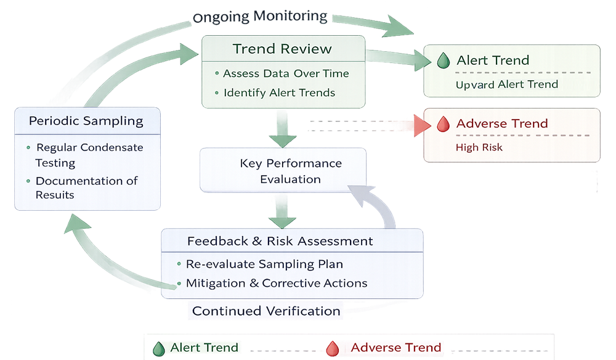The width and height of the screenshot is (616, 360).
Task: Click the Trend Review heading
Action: tap(282, 49)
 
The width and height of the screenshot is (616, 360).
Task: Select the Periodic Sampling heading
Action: tap(86, 121)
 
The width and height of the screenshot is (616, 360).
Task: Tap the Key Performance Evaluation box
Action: tap(282, 171)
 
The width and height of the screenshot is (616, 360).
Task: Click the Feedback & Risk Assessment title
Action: tap(280, 241)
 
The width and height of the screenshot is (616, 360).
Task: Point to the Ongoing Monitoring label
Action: tap(260, 17)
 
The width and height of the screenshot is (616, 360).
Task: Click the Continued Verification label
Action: tap(266, 311)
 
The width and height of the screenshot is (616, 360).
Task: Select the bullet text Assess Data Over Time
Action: tap(286, 73)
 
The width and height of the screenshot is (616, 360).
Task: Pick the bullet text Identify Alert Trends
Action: tap(279, 93)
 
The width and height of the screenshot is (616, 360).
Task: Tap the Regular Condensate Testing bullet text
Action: tap(88, 155)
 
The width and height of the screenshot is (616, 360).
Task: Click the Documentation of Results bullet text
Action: tap(86, 187)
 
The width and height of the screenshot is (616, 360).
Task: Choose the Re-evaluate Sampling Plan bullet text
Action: tap(264, 264)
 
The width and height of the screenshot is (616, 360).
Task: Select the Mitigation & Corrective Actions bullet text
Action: tap(277, 284)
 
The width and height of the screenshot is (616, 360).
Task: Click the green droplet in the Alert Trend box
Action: tap(442, 60)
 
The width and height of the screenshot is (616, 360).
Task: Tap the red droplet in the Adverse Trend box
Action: tap(442, 124)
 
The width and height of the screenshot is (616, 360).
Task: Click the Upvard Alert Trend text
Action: tap(506, 84)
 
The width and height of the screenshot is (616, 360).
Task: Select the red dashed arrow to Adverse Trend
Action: tap(370, 125)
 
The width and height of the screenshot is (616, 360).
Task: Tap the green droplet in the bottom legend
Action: tap(160, 348)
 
